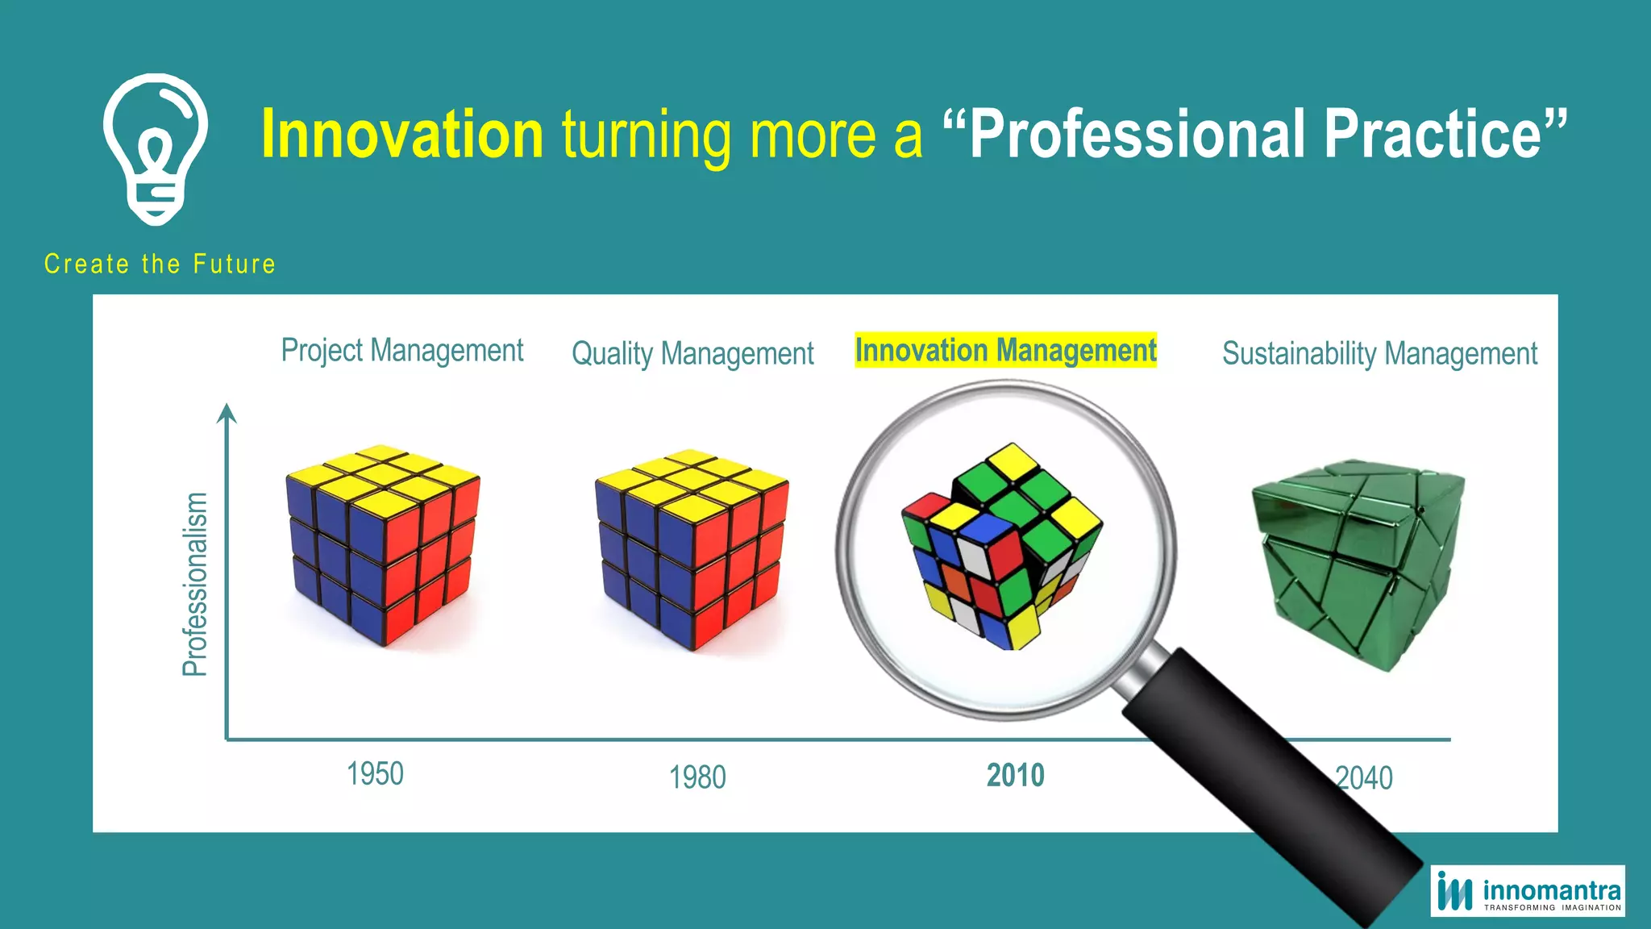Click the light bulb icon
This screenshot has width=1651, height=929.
[156, 148]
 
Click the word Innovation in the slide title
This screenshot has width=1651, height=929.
[402, 134]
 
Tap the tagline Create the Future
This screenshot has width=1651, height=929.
[160, 264]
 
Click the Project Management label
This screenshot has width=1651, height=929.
[401, 351]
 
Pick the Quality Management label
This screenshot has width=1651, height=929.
[692, 353]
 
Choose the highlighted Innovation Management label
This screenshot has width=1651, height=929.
[1005, 351]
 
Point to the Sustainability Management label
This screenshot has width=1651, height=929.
[1379, 353]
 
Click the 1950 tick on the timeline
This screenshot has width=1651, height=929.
[375, 774]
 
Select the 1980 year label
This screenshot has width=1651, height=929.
[697, 777]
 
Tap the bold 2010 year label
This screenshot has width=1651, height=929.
[1015, 776]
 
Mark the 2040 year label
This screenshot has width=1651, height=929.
[1364, 778]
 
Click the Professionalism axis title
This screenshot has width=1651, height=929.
[195, 584]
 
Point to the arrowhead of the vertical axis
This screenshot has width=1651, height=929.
[227, 413]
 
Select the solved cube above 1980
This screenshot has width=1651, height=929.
[692, 548]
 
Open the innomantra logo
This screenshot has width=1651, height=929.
[1528, 891]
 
